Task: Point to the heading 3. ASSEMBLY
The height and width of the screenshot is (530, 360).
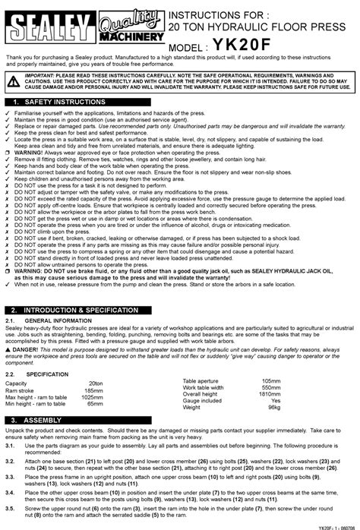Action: (x=42, y=420)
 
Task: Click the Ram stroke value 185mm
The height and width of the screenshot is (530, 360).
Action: (x=93, y=391)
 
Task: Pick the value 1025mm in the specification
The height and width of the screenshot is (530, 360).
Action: (x=92, y=398)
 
